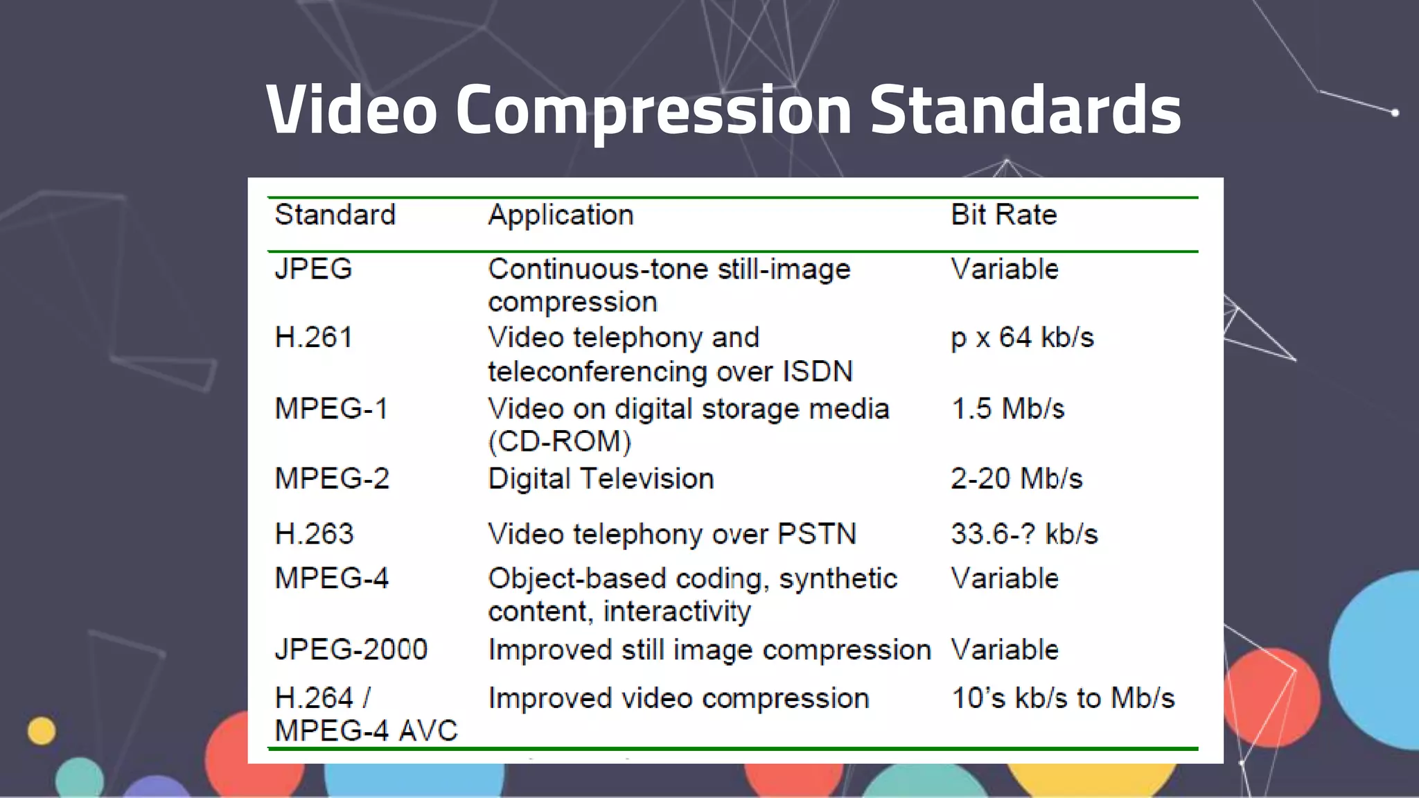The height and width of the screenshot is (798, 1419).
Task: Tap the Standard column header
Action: coord(335,215)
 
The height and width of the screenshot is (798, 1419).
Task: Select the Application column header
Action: coord(561,215)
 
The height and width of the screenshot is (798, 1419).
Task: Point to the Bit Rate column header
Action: coord(1003,215)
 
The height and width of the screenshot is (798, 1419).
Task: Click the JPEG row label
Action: coord(313,269)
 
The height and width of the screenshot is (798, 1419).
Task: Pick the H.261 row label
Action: coord(314,337)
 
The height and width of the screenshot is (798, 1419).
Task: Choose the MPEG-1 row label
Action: coord(331,409)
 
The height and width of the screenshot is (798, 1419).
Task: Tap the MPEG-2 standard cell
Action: coord(332,479)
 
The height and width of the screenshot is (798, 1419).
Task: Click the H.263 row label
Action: coord(314,534)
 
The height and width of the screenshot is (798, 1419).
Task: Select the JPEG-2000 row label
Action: coord(351,650)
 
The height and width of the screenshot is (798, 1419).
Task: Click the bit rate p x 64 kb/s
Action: coord(1022,337)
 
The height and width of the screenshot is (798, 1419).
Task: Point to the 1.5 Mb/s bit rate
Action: coord(1007,409)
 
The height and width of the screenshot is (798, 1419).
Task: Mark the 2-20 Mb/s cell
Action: coord(1016,479)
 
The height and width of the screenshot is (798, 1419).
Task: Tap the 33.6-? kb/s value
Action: coord(1024,534)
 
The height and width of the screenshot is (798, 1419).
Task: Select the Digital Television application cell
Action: coord(601,479)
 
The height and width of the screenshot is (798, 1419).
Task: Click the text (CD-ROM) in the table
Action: coord(560,442)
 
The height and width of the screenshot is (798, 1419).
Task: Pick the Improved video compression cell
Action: coord(678,698)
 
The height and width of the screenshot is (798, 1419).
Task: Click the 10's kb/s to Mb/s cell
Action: coord(1063,698)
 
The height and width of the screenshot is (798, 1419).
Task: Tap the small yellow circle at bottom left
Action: coord(42,731)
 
